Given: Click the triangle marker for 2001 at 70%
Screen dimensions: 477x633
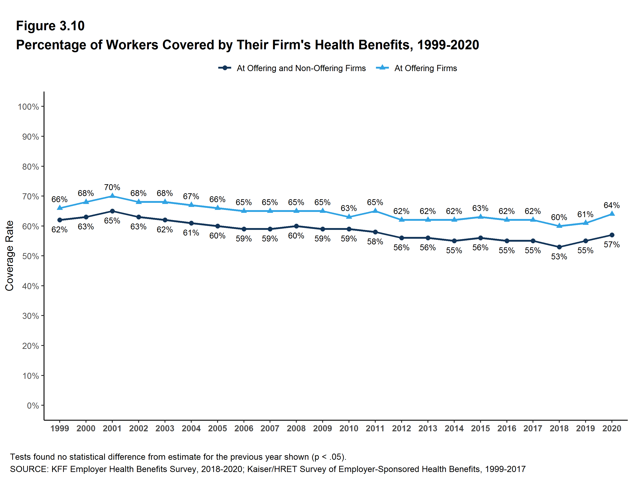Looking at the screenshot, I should (x=112, y=196).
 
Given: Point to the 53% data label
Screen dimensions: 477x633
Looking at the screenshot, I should (x=559, y=257).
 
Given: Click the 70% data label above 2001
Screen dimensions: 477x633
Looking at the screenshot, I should (x=112, y=187).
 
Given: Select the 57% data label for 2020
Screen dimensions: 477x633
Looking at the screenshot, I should (x=611, y=245).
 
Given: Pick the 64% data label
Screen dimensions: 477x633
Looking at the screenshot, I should (x=611, y=205).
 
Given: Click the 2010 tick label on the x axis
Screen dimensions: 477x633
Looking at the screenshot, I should (x=348, y=429).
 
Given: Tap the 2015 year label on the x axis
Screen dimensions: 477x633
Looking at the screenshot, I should (x=480, y=429).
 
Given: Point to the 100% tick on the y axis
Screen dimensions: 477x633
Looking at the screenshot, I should (x=28, y=107).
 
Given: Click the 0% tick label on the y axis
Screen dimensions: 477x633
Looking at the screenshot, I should (x=33, y=406).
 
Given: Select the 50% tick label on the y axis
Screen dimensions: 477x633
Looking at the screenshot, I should (x=31, y=256).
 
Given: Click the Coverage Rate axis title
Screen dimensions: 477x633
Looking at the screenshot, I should (x=10, y=256).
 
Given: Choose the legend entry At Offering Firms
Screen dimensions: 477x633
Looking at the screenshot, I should (x=425, y=68).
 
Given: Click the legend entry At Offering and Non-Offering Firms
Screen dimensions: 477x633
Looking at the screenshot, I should (x=301, y=68).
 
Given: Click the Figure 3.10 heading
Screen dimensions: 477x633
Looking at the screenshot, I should (x=50, y=26).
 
